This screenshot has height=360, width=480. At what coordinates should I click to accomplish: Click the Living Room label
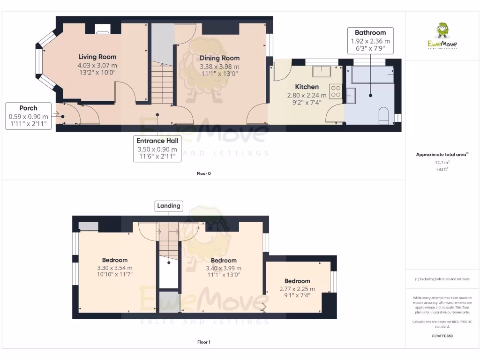coord(97,57)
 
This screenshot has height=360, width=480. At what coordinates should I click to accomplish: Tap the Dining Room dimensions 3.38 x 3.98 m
coord(219,66)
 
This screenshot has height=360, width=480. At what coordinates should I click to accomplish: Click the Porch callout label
coord(28,116)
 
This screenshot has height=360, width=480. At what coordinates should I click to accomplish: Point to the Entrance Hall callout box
coord(157,149)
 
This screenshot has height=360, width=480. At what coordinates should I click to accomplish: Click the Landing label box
coord(168,206)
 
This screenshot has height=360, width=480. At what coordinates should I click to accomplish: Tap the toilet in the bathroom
coord(383,116)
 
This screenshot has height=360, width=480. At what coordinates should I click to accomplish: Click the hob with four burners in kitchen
coord(336,91)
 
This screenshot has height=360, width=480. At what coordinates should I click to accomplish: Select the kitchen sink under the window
coord(322,71)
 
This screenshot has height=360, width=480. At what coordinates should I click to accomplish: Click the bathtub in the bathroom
coord(372,75)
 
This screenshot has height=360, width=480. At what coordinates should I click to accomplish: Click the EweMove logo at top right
coord(442,37)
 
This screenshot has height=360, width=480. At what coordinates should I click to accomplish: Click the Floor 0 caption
coord(203,173)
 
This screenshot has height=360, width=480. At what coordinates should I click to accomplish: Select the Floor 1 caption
coord(203,342)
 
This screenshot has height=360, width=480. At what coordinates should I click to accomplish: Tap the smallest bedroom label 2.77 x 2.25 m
coord(297,289)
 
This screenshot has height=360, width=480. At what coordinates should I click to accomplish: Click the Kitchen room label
coord(307,87)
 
